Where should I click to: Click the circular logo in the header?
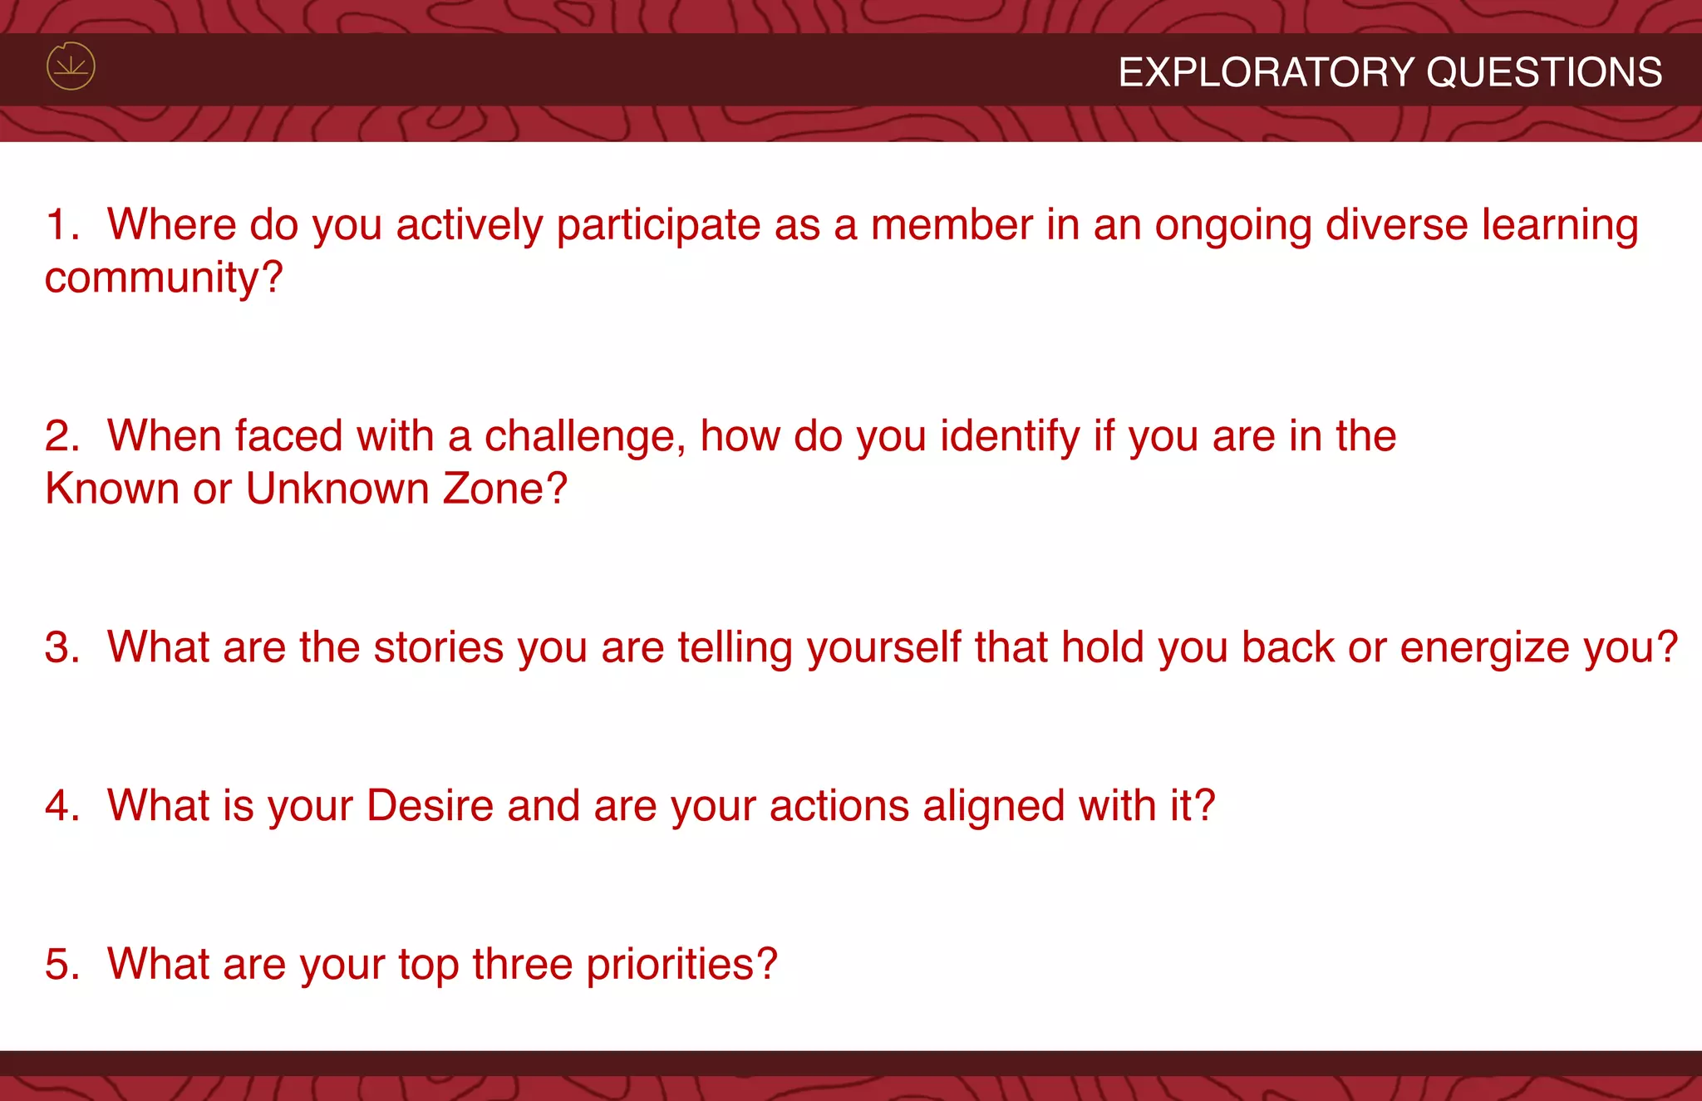pos(71,66)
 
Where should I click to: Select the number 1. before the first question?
pos(62,225)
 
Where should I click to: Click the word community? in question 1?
pos(164,278)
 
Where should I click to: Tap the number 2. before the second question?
pos(62,436)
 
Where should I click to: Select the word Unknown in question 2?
pos(337,489)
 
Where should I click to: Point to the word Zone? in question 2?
pos(505,489)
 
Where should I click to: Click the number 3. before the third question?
pos(62,647)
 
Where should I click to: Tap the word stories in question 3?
pos(439,647)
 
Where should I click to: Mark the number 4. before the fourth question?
pos(62,806)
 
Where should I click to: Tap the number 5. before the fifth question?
pos(62,965)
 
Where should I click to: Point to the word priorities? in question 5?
pos(681,966)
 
